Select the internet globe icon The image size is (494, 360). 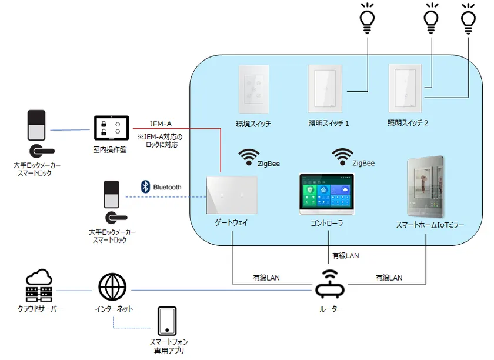112,288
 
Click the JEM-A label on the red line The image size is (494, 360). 160,124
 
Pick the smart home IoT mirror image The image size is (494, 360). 426,187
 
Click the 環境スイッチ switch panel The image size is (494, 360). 253,89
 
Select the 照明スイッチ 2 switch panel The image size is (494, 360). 406,88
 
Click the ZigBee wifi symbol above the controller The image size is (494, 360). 342,156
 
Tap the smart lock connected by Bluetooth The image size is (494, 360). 111,202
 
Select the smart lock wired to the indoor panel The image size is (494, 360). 36,132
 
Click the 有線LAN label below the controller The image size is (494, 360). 345,256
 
